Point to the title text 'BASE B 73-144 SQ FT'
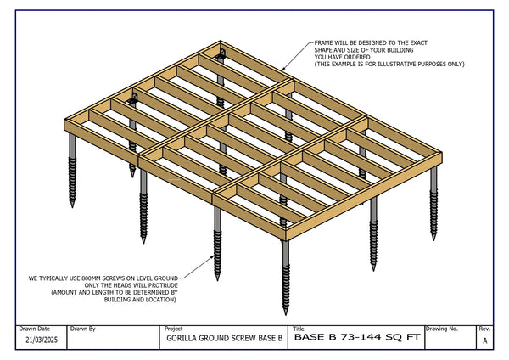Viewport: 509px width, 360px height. [356, 338]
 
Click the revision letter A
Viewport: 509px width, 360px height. [484, 340]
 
